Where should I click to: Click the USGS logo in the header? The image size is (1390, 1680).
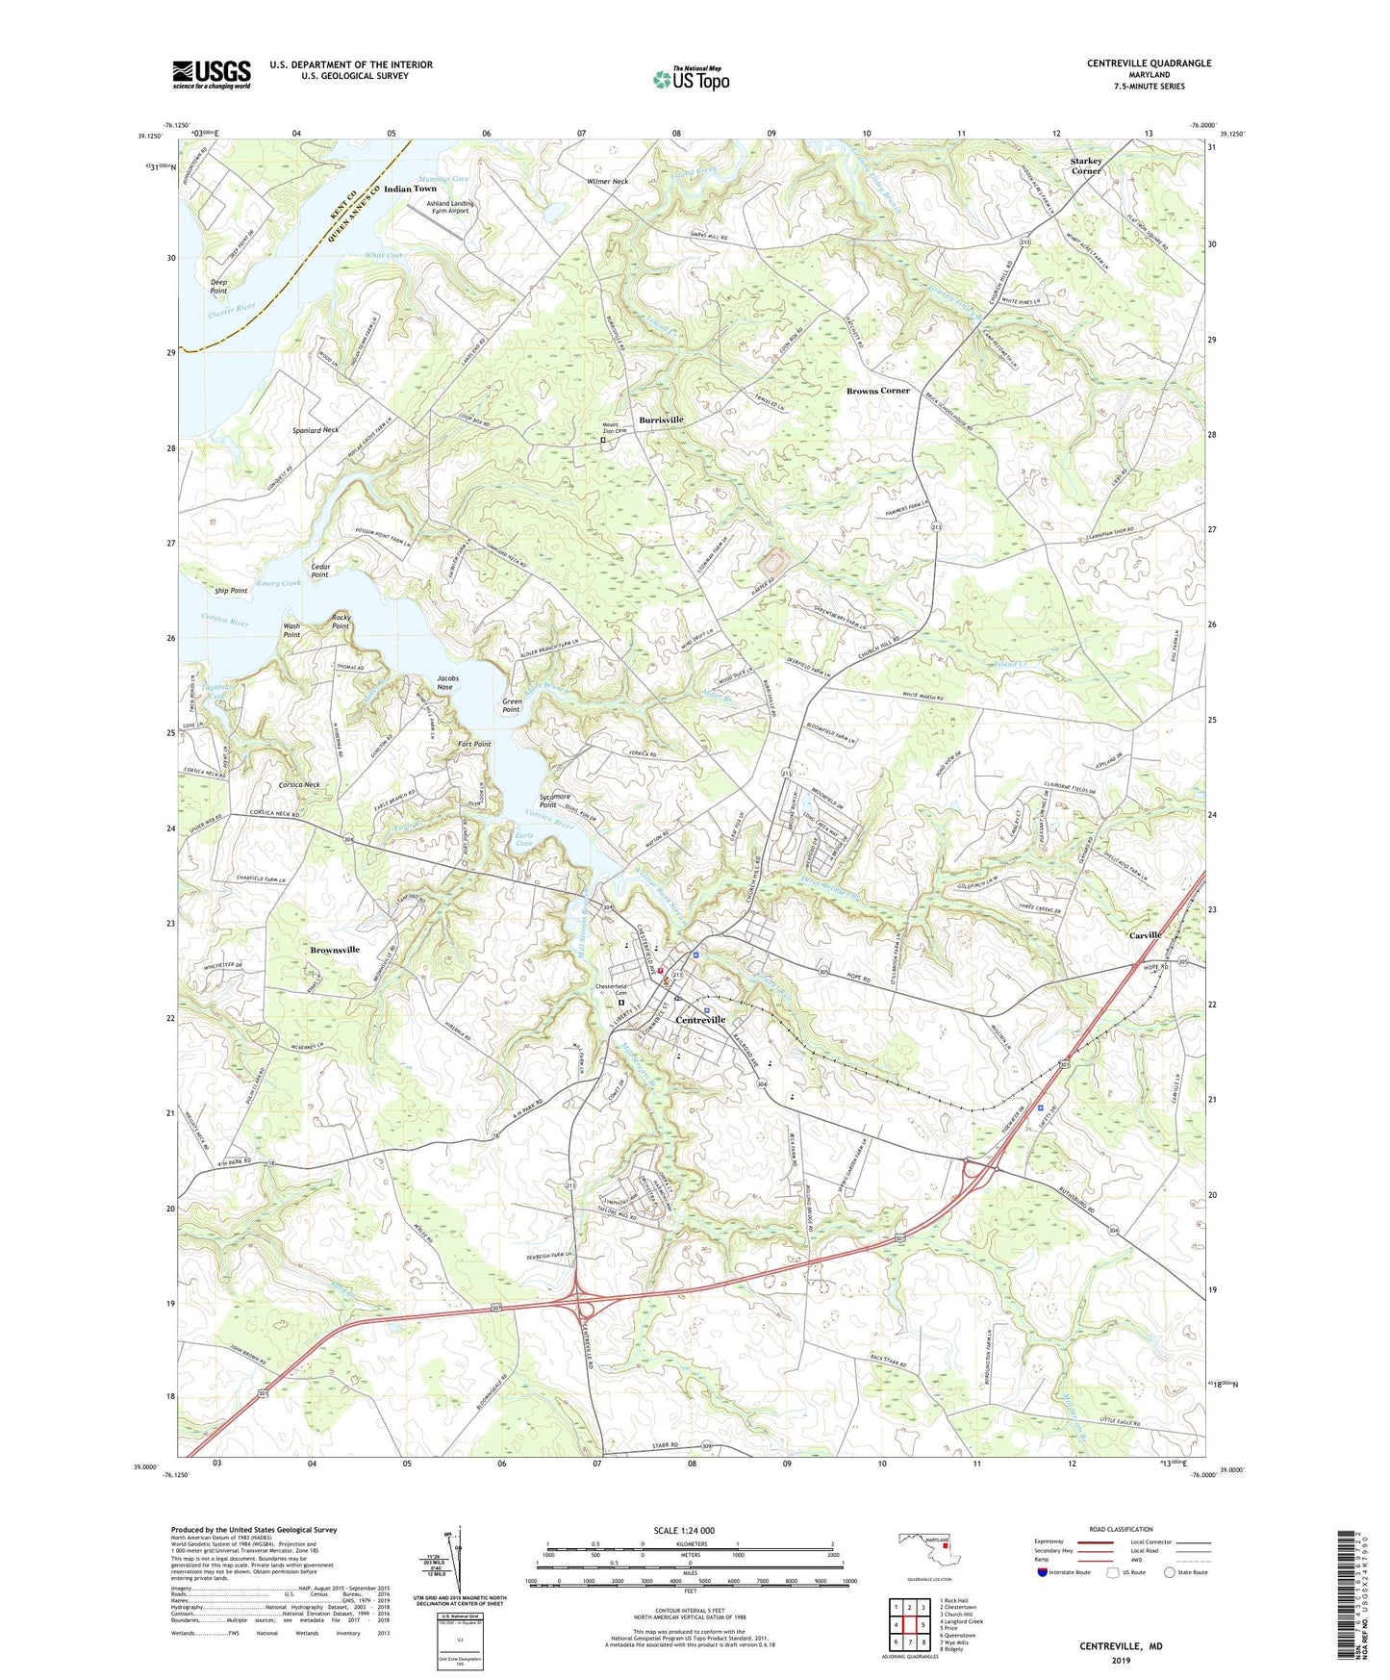(x=212, y=74)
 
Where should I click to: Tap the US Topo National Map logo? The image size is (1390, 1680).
(x=691, y=79)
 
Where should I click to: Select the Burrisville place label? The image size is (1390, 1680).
(x=661, y=420)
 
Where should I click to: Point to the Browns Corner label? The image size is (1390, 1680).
(x=877, y=391)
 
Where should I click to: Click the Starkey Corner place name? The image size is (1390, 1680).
(x=1086, y=166)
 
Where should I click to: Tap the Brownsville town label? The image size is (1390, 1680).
(x=335, y=950)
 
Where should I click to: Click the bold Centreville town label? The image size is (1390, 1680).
(x=700, y=1020)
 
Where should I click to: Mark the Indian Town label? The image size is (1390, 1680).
(x=410, y=189)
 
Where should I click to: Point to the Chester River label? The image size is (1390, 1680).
(x=231, y=311)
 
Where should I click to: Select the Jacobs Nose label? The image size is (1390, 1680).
(x=445, y=682)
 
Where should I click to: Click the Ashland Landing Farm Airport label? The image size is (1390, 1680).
(x=449, y=207)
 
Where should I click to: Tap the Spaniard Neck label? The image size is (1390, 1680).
(x=316, y=430)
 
